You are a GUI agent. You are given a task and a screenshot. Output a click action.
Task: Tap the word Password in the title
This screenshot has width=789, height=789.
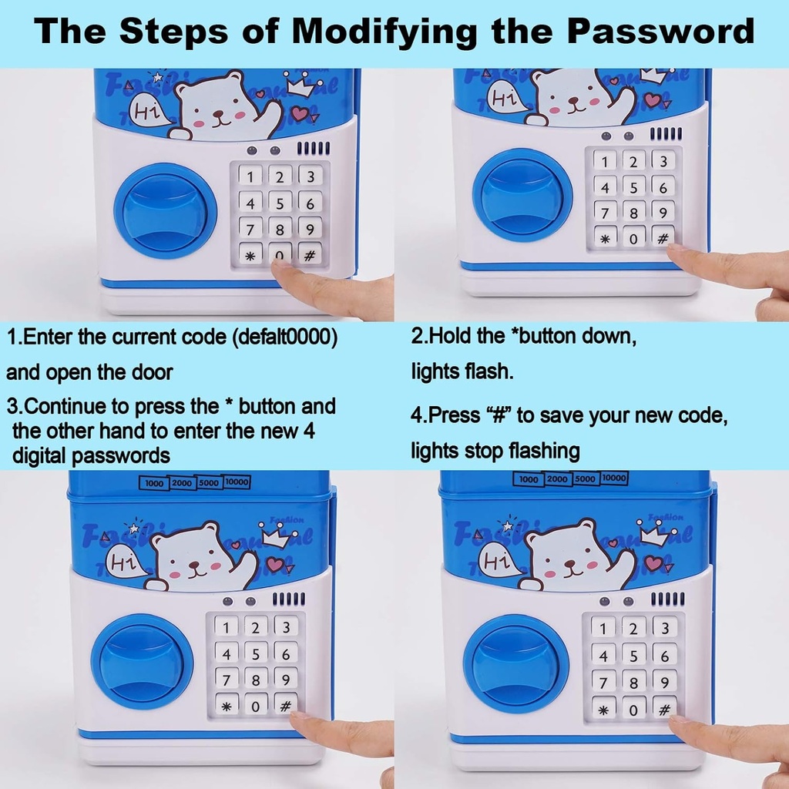[x=660, y=30]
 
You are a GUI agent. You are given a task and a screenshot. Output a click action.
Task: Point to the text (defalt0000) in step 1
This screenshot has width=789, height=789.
[x=284, y=337]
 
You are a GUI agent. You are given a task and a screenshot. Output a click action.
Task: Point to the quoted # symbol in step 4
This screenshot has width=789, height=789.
[x=499, y=415]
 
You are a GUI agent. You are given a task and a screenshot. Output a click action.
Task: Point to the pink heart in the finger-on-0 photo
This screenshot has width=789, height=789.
[x=300, y=113]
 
